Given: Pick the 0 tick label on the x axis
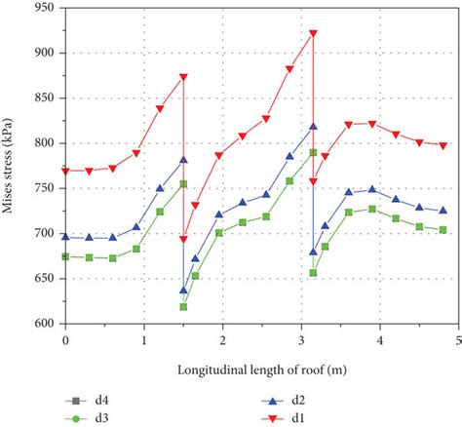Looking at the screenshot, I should tap(65, 341).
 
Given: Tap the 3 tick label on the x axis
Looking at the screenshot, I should tap(301, 341).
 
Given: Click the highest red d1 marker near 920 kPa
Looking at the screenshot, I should tap(313, 33).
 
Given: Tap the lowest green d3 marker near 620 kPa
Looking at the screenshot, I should tap(183, 307).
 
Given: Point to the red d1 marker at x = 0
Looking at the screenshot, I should tap(65, 171).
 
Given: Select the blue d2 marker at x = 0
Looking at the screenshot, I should tap(65, 237).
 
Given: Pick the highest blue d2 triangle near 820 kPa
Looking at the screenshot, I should tap(313, 126).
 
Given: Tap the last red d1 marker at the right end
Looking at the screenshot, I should tap(443, 145).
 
